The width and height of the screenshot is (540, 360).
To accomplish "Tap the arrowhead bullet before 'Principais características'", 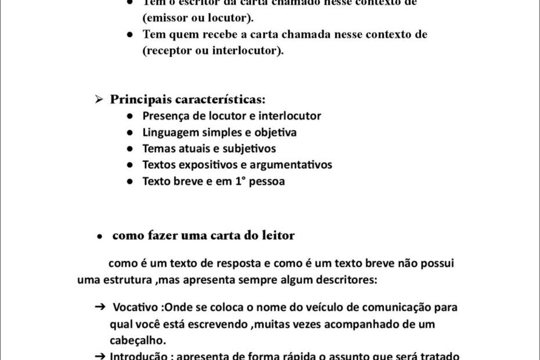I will coord(99,99).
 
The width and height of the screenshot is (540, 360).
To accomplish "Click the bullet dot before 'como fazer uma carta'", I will coord(100,237).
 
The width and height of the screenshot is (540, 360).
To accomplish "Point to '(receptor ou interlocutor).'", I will coord(213,51).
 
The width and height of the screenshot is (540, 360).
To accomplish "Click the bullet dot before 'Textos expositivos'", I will coord(131,165).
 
